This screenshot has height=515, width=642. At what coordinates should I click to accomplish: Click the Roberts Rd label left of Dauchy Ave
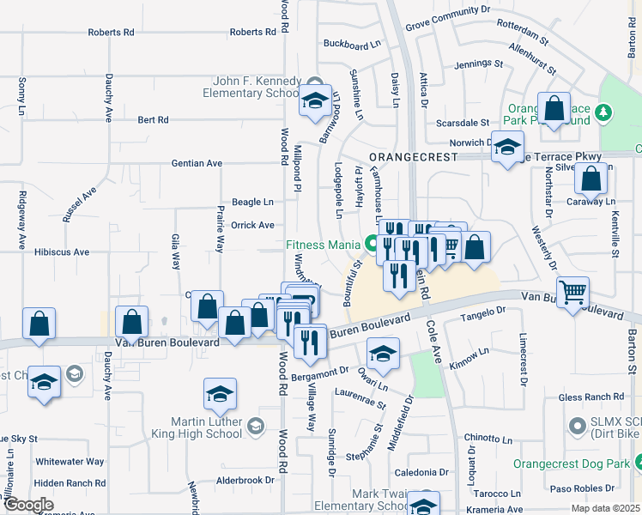pyautogui.click(x=111, y=32)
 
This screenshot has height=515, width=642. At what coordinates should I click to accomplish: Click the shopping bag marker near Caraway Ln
pyautogui.click(x=591, y=180)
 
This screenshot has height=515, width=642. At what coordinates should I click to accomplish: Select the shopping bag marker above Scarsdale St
pyautogui.click(x=554, y=109)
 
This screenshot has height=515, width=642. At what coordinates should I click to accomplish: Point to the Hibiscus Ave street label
pyautogui.click(x=62, y=252)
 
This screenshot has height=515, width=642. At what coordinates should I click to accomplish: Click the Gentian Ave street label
pyautogui.click(x=197, y=163)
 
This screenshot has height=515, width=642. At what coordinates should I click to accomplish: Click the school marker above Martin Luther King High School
pyautogui.click(x=220, y=394)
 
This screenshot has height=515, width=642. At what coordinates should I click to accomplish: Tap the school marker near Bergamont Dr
pyautogui.click(x=383, y=353)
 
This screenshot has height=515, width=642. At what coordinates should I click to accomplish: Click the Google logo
pyautogui.click(x=27, y=505)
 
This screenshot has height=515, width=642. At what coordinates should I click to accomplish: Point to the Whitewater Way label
pyautogui.click(x=70, y=462)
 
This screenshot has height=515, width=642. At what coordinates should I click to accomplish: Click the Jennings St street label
pyautogui.click(x=479, y=64)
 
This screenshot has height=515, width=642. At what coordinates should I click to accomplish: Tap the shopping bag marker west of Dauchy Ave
pyautogui.click(x=39, y=324)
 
